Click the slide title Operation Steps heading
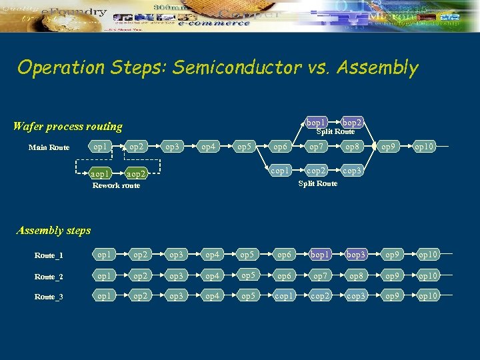[217, 67]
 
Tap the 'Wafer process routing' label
[68, 126]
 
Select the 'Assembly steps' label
[53, 231]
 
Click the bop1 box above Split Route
[316, 123]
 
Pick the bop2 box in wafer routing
[351, 123]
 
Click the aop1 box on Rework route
[101, 173]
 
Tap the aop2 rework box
[137, 173]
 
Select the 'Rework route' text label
[116, 185]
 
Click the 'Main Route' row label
[49, 147]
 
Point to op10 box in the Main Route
[423, 147]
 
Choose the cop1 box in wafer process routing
[281, 171]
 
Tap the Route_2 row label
[49, 277]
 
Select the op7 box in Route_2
[319, 276]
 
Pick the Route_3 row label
[49, 297]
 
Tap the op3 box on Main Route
[172, 147]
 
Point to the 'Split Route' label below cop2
[317, 183]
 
